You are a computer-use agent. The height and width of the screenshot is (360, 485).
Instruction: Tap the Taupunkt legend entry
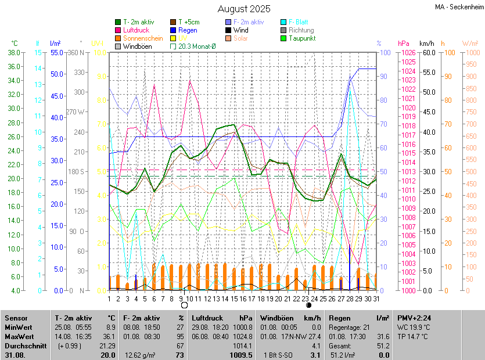click(x=303, y=38)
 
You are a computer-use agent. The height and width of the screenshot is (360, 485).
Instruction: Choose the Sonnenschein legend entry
click(x=142, y=38)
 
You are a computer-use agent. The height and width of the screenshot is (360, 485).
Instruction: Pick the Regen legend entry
click(x=188, y=30)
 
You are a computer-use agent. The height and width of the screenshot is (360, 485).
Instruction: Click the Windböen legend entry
click(x=137, y=46)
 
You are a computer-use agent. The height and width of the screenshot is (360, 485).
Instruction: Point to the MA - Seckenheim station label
click(x=458, y=7)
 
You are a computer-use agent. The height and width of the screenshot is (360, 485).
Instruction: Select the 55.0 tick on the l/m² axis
click(x=56, y=52)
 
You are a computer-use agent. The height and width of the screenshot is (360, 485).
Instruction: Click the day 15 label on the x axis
click(x=234, y=298)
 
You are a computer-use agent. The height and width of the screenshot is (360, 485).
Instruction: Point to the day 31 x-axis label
click(x=376, y=298)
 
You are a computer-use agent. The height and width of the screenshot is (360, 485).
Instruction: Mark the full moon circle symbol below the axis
click(x=184, y=305)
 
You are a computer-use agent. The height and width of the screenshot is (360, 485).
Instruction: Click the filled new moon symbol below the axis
click(x=308, y=305)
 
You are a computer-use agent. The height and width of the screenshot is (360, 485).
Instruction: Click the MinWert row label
click(x=19, y=327)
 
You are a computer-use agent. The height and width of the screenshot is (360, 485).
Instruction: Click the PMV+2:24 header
click(x=411, y=318)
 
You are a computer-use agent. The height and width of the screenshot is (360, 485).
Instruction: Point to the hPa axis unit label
click(x=404, y=43)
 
